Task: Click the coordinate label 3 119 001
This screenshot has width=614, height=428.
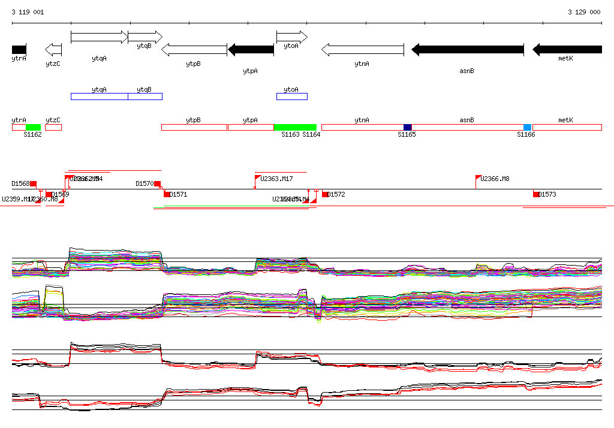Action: click(x=28, y=12)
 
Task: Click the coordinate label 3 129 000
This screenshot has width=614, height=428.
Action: click(x=584, y=12)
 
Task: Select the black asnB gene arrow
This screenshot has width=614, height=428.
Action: click(x=468, y=50)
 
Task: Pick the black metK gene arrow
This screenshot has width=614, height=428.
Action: click(x=567, y=50)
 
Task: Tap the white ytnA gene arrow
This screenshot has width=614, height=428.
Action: click(x=362, y=50)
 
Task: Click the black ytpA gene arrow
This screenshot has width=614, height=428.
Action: click(x=251, y=50)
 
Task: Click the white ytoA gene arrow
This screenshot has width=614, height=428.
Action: click(x=291, y=37)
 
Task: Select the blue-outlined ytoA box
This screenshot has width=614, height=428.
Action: click(x=291, y=97)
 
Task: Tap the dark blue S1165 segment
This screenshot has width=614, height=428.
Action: click(x=408, y=127)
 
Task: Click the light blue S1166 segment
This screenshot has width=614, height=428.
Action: click(x=527, y=127)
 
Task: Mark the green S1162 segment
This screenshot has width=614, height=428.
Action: click(x=33, y=127)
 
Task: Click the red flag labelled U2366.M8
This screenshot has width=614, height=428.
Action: click(x=478, y=178)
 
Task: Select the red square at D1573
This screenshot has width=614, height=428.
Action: click(x=536, y=194)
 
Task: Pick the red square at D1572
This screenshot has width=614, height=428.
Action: click(x=325, y=194)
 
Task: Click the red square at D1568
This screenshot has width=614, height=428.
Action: click(x=34, y=183)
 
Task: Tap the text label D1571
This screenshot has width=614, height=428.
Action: click(x=179, y=194)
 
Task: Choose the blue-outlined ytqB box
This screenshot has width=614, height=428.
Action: click(x=145, y=97)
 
